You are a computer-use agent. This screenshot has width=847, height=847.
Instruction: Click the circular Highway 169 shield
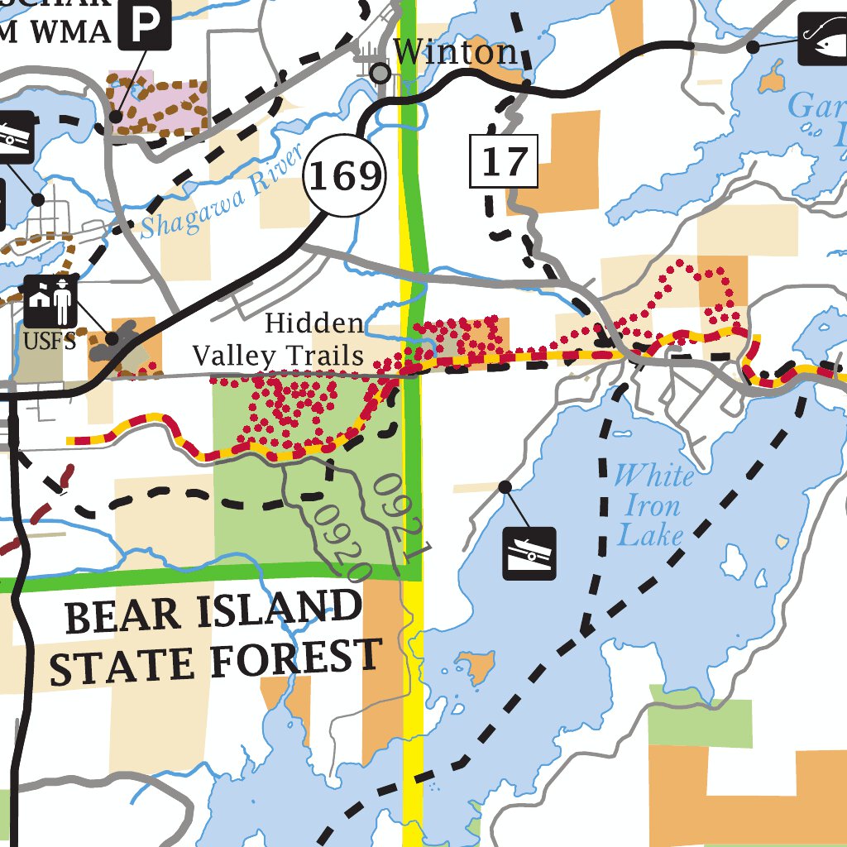coord(345,175)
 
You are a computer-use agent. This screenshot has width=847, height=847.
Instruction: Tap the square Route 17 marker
coord(505,161)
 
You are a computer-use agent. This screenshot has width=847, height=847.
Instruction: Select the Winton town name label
coord(456,53)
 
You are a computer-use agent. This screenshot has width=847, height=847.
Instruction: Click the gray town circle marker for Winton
coord(380,74)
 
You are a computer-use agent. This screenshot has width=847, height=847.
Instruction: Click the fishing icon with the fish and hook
coord(823,39)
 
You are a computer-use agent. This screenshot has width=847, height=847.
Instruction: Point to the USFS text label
coord(50,341)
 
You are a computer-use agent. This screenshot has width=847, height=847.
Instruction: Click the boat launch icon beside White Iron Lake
coord(529,553)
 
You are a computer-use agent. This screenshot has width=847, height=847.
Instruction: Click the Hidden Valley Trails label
coord(278,340)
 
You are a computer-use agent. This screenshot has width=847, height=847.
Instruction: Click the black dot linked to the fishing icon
coord(753,48)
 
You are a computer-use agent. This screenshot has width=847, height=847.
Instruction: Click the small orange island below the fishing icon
coord(773,79)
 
